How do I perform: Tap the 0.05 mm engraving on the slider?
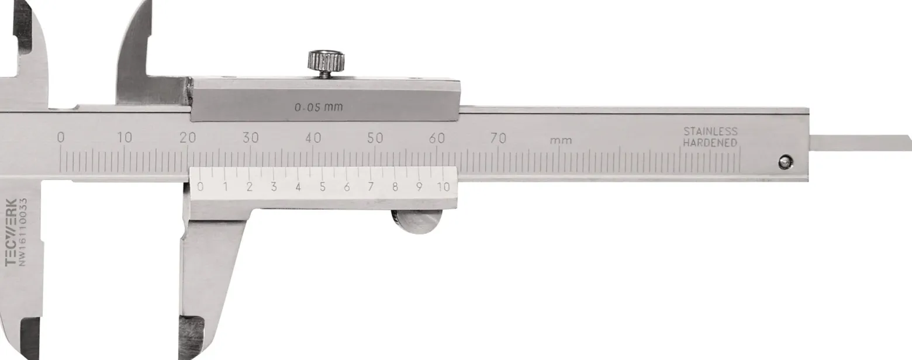pos(319,108)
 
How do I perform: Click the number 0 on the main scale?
pos(61,137)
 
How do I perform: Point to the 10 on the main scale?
pos(125,137)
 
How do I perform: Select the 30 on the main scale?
pos(251,137)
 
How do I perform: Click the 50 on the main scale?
pos(375,138)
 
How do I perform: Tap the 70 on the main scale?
pos(498,139)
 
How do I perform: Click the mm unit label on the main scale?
pos(561,141)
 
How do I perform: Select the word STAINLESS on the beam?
pos(710,131)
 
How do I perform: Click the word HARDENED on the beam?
pos(710,143)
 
